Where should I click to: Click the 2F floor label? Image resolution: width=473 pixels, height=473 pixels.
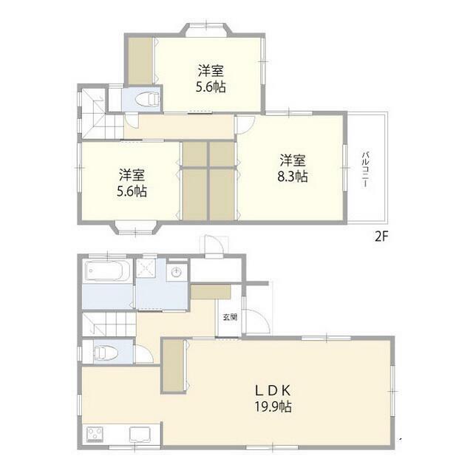click(381, 236)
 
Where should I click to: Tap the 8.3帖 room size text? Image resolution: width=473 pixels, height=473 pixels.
click(293, 177)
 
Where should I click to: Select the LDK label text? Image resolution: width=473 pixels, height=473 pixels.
click(273, 391)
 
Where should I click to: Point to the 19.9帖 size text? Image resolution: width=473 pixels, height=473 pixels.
click(273, 407)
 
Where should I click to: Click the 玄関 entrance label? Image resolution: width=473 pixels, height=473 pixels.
click(230, 317)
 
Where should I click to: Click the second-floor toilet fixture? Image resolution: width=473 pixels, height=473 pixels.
click(147, 99)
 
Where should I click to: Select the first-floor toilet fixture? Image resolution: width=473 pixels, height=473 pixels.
click(106, 352)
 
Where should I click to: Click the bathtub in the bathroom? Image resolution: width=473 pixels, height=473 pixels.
click(108, 270)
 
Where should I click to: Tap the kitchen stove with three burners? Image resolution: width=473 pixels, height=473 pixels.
click(95, 434)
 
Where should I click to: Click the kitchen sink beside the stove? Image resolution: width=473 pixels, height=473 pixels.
click(140, 435)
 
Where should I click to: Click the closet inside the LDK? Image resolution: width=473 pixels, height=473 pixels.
click(173, 366)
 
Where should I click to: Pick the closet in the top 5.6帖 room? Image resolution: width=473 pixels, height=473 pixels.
click(140, 61)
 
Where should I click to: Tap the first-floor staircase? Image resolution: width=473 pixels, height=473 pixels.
click(109, 324)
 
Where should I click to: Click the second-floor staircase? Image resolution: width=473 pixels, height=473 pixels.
click(102, 113)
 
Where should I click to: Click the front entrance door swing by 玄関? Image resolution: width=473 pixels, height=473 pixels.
click(258, 321)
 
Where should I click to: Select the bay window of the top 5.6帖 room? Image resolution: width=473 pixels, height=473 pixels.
click(206, 30)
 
